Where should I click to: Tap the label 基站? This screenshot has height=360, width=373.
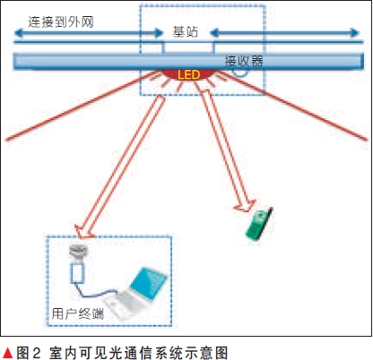[x=186, y=31]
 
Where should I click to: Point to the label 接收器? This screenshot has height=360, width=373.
[x=244, y=61]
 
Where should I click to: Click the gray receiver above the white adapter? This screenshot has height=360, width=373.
[x=79, y=252]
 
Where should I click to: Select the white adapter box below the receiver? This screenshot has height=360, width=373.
[x=78, y=270]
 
